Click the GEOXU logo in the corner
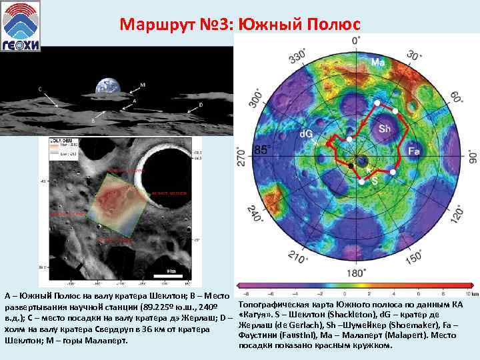[x=21, y=25]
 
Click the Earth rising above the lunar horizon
[x=107, y=86]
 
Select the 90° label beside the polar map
[x=472, y=156]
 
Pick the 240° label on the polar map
[x=255, y=215]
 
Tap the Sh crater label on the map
[x=385, y=128]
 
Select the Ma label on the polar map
[x=377, y=63]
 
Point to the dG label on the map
[x=307, y=134]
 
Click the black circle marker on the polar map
[x=351, y=165]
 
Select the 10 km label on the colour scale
[x=469, y=293]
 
